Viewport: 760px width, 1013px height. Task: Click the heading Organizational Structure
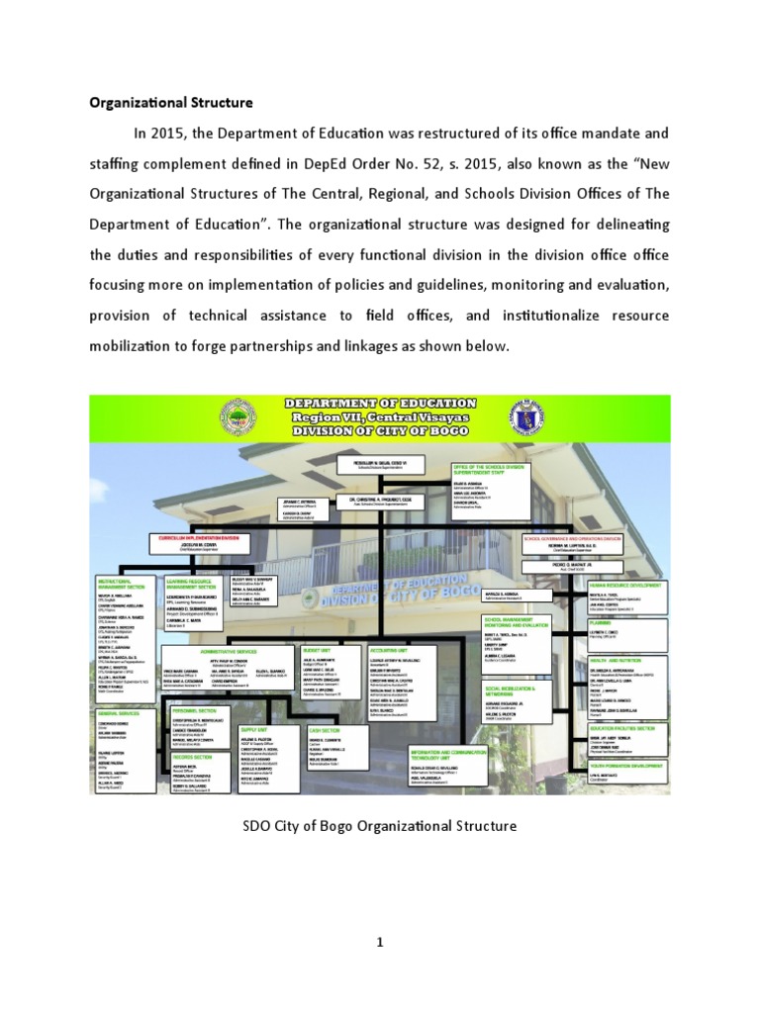[172, 102]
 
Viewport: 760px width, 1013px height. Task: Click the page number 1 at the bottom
[379, 943]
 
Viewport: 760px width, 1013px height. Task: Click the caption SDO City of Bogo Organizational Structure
[379, 824]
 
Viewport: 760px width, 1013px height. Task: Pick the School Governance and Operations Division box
[573, 538]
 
